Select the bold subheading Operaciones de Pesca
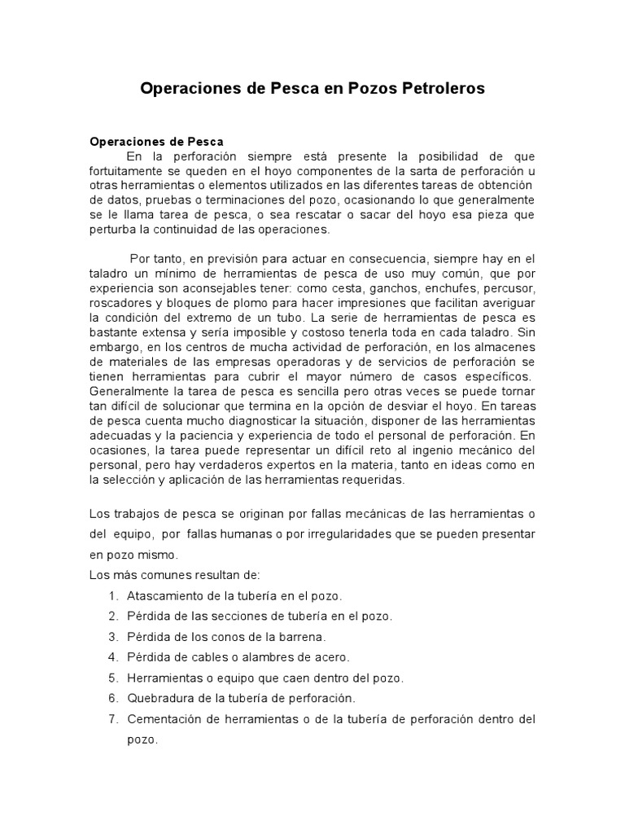(156, 142)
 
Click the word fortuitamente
(127, 170)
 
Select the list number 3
(112, 637)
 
